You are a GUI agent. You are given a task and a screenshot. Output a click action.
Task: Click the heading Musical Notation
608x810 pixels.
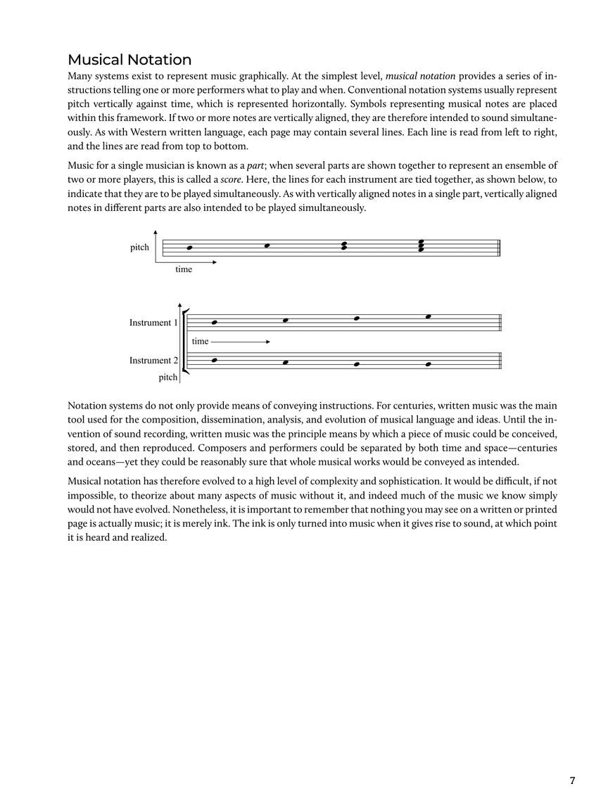[129, 60]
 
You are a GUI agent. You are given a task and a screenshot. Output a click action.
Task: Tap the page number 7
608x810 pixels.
[572, 780]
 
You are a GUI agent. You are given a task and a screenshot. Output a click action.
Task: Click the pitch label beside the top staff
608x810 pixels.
[139, 247]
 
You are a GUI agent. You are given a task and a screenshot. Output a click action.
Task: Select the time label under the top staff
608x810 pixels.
[184, 269]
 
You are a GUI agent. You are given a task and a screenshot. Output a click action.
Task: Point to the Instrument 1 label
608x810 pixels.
[153, 323]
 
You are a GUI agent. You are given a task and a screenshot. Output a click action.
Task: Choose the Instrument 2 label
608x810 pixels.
[153, 360]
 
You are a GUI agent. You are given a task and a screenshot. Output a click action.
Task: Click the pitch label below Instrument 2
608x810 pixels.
[167, 378]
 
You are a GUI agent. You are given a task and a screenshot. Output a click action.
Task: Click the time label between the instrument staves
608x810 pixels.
[200, 342]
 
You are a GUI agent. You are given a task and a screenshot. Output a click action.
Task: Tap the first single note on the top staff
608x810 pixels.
[189, 247]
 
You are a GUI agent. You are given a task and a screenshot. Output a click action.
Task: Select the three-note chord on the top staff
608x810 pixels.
[421, 245]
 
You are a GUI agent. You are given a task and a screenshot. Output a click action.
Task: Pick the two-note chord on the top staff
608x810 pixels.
[343, 246]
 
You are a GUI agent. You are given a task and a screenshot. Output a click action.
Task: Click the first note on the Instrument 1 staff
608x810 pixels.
[215, 323]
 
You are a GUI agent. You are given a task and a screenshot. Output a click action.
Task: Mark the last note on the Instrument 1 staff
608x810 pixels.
[428, 317]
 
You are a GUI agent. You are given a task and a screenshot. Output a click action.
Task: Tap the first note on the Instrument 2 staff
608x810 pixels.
[215, 360]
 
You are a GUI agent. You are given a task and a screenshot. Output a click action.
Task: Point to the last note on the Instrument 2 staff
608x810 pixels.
[428, 364]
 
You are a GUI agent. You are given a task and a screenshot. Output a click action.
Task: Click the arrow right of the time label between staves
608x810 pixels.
[241, 342]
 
